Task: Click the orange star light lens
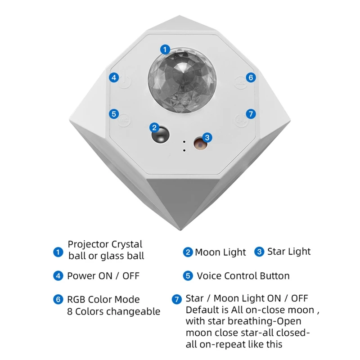point(198,143)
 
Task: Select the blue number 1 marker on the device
point(166,49)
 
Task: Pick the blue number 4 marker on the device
point(114,77)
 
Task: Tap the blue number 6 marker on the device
point(251,77)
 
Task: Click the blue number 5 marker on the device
point(114,114)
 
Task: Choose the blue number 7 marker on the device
point(251,113)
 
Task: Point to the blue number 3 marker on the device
point(207,137)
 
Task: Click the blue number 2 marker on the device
point(154,127)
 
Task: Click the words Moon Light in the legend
point(220,252)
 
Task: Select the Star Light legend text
point(289,252)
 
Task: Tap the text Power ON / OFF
point(103,276)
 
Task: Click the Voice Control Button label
point(243,276)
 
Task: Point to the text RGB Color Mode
point(103,299)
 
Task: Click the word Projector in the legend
point(89,244)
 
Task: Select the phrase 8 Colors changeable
point(113,311)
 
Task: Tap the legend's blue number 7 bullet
point(177,299)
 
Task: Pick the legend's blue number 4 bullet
point(58,276)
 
